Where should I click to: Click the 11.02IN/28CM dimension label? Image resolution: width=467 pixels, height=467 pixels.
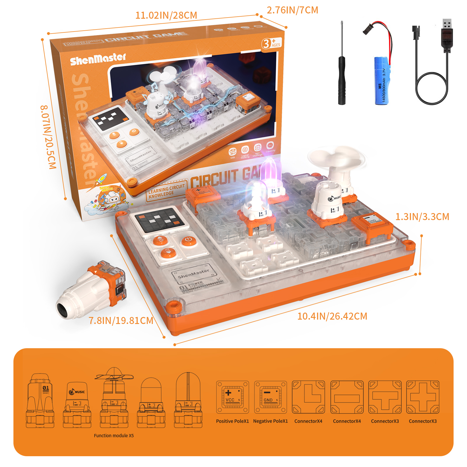tap(166, 15)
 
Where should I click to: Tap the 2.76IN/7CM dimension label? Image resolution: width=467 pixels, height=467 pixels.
tap(292, 10)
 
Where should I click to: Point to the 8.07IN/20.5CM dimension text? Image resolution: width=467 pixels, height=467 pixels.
tap(48, 137)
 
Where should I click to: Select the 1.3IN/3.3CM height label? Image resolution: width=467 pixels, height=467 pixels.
tap(422, 217)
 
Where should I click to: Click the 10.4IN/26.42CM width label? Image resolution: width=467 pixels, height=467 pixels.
tap(332, 316)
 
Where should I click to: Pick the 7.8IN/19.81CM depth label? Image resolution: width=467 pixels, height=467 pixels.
tap(121, 320)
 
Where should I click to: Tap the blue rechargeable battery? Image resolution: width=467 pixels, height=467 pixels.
tap(382, 80)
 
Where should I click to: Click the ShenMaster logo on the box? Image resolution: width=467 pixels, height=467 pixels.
tap(98, 59)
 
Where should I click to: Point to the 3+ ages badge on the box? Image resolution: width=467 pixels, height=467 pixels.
tap(271, 43)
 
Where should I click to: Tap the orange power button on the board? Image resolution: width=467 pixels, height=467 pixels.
tap(188, 241)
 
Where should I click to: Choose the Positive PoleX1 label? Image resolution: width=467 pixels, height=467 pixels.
tap(232, 421)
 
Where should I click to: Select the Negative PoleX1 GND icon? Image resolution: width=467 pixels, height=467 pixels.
tap(270, 397)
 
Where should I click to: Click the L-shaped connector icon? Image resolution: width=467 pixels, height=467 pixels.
tap(309, 397)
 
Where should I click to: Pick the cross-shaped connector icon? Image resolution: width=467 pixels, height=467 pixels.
tap(423, 397)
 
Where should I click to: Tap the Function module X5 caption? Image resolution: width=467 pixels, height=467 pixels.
tap(114, 435)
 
